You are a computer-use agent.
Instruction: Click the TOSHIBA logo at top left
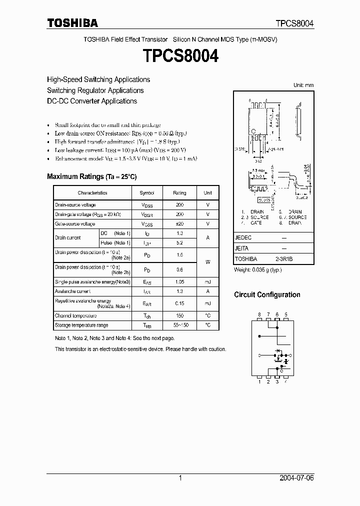click(72, 23)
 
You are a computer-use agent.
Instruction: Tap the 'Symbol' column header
click(147, 193)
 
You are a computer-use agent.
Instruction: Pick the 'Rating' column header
click(179, 193)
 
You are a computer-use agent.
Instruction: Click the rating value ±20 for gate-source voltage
click(179, 224)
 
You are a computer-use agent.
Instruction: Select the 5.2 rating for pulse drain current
click(179, 242)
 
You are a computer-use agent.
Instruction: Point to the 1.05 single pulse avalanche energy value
click(179, 282)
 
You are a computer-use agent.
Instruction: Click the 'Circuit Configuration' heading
click(267, 295)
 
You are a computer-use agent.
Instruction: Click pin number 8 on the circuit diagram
click(259, 314)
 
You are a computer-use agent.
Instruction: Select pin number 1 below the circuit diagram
click(259, 382)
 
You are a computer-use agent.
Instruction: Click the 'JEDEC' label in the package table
click(243, 238)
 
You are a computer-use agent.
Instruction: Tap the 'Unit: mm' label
click(303, 85)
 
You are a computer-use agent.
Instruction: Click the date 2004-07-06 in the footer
click(296, 478)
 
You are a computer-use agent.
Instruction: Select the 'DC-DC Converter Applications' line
click(92, 101)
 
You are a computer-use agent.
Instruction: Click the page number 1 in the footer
click(180, 478)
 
